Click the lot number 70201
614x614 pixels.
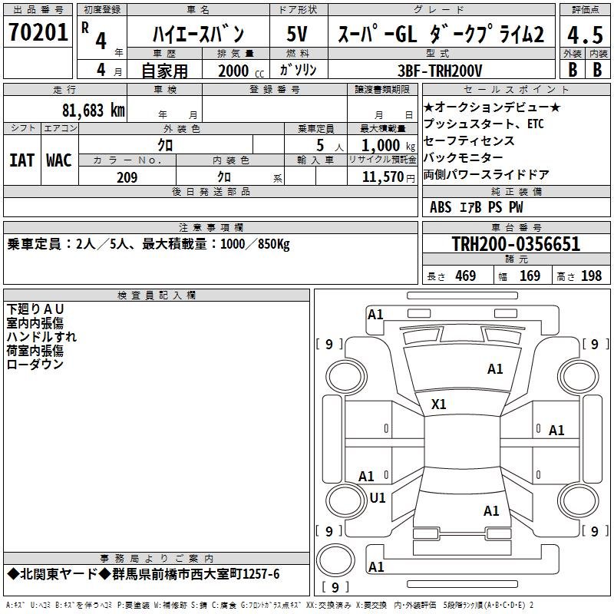[x=38, y=32]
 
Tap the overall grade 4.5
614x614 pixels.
[x=585, y=35]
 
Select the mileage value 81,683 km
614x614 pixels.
[x=94, y=111]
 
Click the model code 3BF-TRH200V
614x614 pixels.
[x=440, y=71]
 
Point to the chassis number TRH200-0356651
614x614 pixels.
[x=516, y=244]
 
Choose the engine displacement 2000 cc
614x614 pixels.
[x=241, y=71]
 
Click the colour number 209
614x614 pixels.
[x=127, y=177]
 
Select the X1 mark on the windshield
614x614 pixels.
[x=438, y=404]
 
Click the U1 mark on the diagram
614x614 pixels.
[x=378, y=498]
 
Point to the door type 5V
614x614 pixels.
[x=297, y=34]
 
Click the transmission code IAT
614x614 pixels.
[x=21, y=160]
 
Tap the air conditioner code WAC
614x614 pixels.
[x=59, y=160]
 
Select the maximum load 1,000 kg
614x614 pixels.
[x=388, y=146]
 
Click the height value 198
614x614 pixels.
[x=591, y=276]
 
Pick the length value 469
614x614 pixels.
[x=466, y=276]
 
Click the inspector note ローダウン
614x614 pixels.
[x=35, y=364]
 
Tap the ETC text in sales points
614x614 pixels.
[x=535, y=124]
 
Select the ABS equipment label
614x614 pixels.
[x=441, y=207]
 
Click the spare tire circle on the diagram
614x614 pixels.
[x=335, y=560]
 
